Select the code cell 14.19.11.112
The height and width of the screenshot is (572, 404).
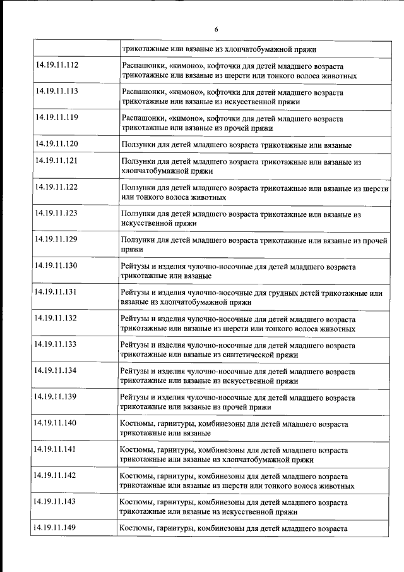(x=57, y=65)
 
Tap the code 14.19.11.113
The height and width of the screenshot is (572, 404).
(x=57, y=92)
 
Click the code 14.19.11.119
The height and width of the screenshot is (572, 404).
(x=57, y=118)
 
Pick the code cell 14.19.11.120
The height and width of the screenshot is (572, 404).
(x=57, y=144)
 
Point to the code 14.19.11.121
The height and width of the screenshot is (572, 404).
(x=57, y=161)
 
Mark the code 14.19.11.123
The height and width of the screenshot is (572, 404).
(x=57, y=214)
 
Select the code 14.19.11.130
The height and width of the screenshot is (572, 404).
(x=57, y=265)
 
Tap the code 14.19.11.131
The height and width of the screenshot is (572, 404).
(x=57, y=292)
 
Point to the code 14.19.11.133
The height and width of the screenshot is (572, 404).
(x=57, y=344)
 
